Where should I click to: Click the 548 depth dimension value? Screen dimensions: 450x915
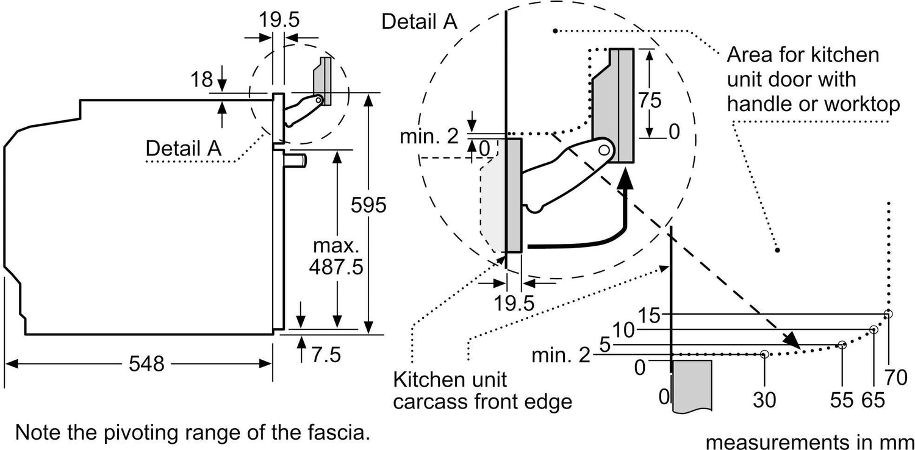[x=147, y=364]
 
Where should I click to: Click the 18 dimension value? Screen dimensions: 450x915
[x=201, y=79]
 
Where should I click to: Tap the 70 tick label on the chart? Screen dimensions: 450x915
[x=895, y=378]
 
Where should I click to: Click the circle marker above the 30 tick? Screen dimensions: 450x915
[x=764, y=354]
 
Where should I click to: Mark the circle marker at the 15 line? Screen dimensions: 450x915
[x=888, y=314]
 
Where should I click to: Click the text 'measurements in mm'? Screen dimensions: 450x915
[x=810, y=440]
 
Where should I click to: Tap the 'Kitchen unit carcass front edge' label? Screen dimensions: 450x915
[x=483, y=391]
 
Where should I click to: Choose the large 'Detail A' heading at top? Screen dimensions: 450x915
[x=418, y=21]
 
